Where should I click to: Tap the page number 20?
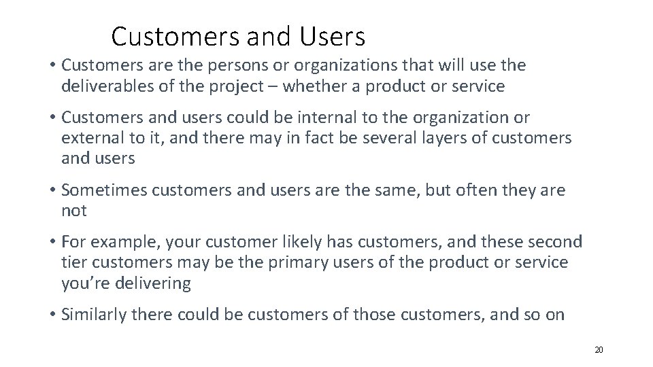[599, 350]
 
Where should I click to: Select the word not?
[73, 211]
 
